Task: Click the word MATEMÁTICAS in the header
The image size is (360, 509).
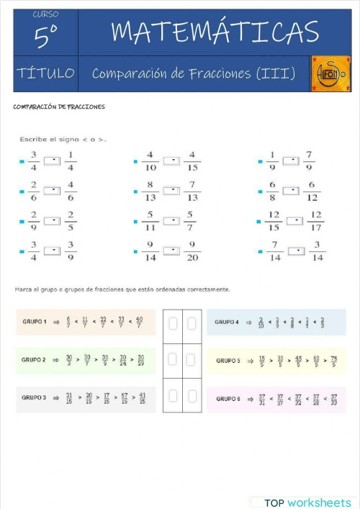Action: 215,32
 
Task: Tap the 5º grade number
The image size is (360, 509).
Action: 45,37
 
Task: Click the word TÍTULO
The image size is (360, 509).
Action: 45,73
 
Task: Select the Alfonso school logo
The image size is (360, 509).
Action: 330,73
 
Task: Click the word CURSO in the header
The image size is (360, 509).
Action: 45,14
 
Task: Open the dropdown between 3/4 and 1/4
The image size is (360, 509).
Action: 52,161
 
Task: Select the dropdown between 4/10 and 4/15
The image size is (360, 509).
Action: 171,161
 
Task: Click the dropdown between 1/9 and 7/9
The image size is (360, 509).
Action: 290,161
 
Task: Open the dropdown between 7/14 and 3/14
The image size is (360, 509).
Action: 296,251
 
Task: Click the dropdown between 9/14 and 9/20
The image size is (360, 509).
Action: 171,251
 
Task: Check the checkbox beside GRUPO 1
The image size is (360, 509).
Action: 173,324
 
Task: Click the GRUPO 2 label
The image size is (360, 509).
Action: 34,359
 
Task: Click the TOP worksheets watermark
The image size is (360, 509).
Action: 307,502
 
